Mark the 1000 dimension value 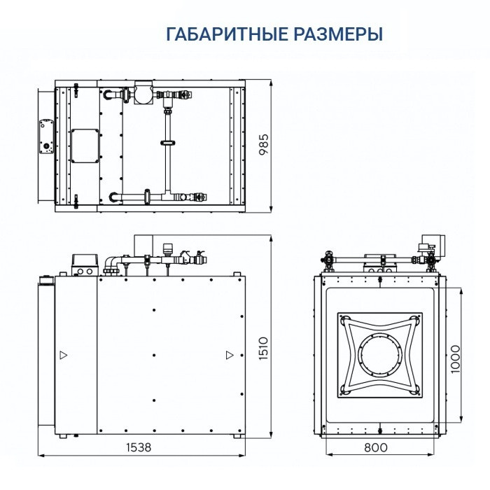click(455, 358)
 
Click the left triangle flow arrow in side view click(64, 355)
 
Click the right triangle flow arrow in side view click(229, 355)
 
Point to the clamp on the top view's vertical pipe click(168, 143)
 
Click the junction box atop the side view click(83, 263)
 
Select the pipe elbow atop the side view click(111, 264)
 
